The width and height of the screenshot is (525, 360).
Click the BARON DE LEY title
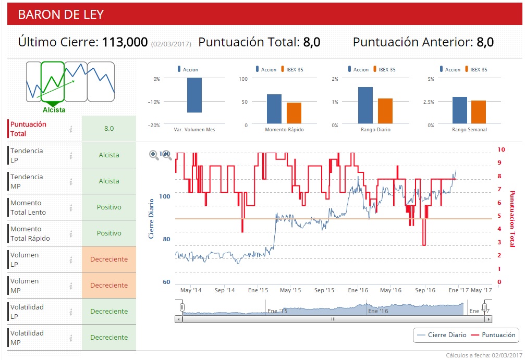point(61,15)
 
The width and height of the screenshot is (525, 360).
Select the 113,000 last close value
point(125,42)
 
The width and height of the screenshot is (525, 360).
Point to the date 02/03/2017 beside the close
point(171,44)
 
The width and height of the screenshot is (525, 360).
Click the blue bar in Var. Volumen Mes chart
point(194,95)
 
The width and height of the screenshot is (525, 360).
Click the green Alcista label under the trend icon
point(54,110)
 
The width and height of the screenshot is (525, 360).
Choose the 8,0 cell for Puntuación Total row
point(109,129)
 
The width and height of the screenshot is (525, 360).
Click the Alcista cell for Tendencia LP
point(109,155)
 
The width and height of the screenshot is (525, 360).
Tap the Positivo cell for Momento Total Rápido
point(109,233)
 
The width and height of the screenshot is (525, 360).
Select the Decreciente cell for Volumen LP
point(109,259)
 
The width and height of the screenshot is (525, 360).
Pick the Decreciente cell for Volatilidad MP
point(109,337)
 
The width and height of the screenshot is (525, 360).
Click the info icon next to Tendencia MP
point(71,181)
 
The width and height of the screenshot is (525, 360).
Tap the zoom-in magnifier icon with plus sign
point(154,155)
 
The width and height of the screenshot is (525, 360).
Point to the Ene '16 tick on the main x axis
point(358,290)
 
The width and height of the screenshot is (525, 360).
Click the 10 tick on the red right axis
point(501,150)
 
